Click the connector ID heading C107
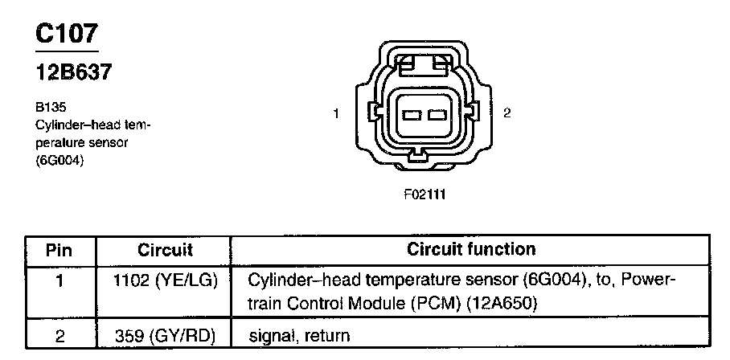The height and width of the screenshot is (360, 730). tap(67, 33)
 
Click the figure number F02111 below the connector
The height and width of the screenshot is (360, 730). tap(424, 194)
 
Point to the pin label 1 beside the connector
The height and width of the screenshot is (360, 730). tap(335, 113)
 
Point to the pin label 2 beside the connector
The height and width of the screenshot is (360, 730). tap(506, 113)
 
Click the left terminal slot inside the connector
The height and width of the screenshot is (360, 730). tap(412, 114)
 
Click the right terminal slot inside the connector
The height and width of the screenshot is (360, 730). tap(437, 114)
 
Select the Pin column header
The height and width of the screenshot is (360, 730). tap(59, 250)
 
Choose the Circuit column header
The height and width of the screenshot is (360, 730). tap(166, 250)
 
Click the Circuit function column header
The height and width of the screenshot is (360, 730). tap(471, 250)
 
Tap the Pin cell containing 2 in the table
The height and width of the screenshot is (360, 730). tap(59, 334)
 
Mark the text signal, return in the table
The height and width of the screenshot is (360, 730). tap(299, 334)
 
